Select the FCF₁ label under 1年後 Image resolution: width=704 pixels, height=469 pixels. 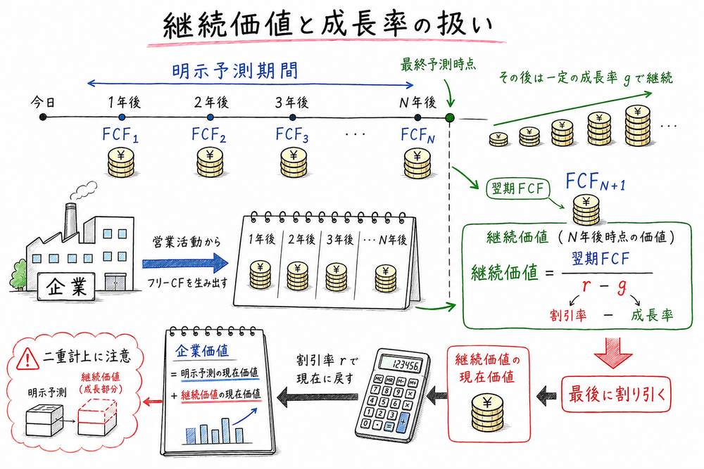click(122, 134)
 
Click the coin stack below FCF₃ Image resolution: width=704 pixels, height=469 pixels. click(292, 162)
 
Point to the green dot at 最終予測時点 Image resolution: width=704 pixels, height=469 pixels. click(450, 117)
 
